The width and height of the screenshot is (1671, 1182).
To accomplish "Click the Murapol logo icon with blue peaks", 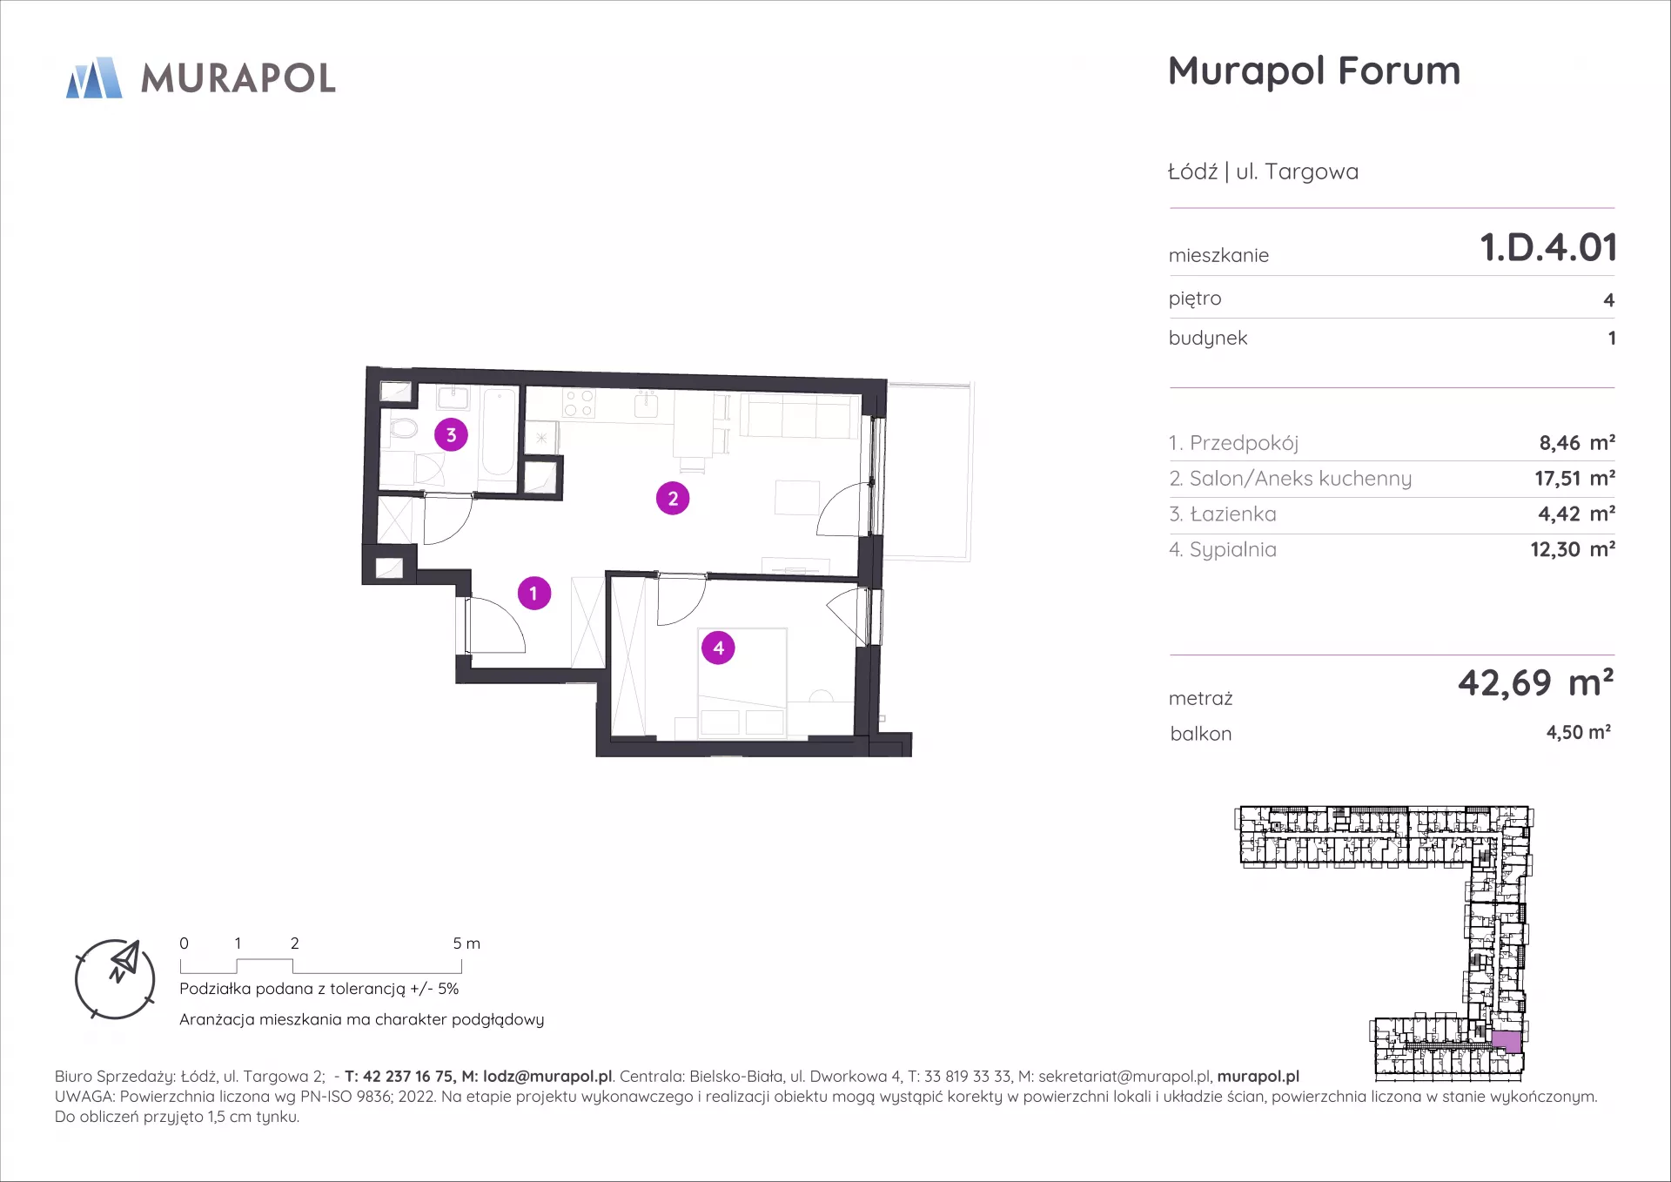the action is (94, 77).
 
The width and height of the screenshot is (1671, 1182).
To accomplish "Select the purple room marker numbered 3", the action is (451, 435).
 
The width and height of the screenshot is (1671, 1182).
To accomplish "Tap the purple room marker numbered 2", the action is (673, 499).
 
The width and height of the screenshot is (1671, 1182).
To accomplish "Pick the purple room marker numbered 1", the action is (534, 594).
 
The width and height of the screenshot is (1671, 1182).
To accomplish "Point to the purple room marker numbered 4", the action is (718, 648).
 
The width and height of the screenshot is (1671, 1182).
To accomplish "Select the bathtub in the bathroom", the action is (498, 433).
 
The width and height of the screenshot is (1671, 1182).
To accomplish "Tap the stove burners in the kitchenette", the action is (579, 403).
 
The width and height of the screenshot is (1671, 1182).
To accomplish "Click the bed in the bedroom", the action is (742, 682).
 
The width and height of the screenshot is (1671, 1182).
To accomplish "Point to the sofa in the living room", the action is (799, 415).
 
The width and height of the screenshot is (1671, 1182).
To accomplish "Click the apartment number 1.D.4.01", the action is (1548, 247).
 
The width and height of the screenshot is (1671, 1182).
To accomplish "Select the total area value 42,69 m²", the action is (1536, 683).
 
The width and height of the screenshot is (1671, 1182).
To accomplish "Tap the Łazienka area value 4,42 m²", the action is (1576, 514).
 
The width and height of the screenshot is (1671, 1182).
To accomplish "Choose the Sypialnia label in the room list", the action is (1232, 550).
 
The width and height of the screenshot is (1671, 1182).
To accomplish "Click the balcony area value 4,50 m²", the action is (1578, 733).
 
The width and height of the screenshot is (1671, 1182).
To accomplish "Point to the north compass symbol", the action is (115, 979).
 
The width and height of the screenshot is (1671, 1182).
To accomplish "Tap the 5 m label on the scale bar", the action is (466, 944).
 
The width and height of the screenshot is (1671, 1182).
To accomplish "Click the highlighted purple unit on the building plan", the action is (1507, 1042).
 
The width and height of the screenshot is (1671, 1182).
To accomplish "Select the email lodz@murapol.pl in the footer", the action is (547, 1077).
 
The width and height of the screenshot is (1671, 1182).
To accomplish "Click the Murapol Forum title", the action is (1314, 71).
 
